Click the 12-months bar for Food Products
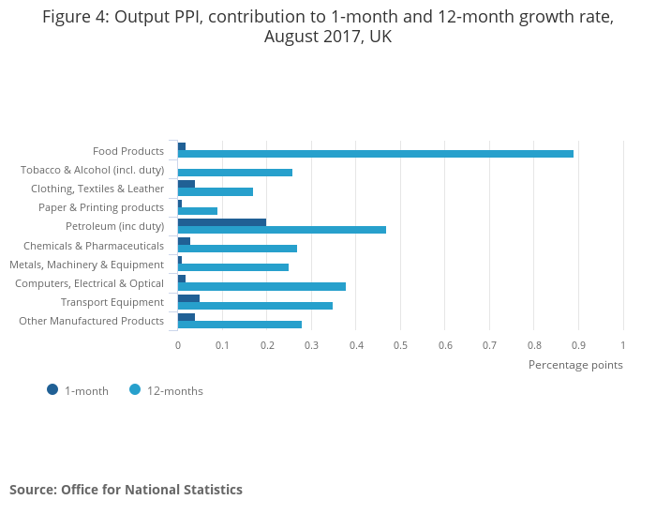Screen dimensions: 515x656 (375, 154)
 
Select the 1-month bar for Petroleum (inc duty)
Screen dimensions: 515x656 (222, 222)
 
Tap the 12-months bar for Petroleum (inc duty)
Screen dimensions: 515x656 (281, 230)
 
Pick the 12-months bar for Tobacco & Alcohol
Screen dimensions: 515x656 (235, 173)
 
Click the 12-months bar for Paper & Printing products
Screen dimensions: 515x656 (198, 211)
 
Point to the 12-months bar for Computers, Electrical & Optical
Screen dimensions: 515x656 (261, 286)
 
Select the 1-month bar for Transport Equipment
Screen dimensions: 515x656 (188, 298)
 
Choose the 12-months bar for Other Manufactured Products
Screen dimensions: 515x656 (240, 325)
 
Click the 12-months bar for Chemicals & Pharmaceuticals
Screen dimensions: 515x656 (237, 249)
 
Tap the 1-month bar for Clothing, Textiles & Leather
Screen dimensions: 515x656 (186, 185)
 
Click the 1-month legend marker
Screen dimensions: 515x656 (52, 390)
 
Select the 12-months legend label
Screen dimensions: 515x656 (175, 391)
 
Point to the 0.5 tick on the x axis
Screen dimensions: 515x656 (400, 345)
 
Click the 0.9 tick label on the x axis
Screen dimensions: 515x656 (578, 345)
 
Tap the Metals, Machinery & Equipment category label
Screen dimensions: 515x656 (86, 265)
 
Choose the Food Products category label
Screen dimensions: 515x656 (128, 151)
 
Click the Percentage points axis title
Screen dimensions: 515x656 (575, 365)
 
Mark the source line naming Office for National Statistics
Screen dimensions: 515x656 (126, 490)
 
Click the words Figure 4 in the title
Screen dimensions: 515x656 (75, 17)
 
